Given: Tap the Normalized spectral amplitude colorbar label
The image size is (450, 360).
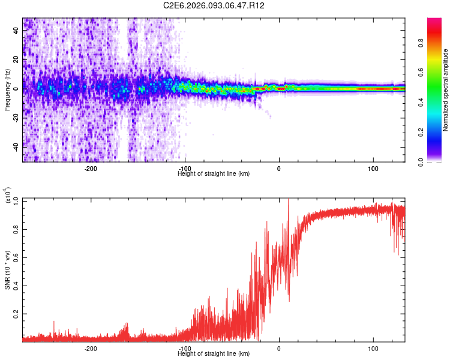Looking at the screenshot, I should click(x=446, y=90).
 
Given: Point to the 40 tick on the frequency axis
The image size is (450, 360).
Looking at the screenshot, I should click(x=16, y=31).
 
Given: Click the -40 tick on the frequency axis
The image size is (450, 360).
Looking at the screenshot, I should click(x=15, y=146).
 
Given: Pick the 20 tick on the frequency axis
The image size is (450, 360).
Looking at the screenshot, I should click(x=16, y=60).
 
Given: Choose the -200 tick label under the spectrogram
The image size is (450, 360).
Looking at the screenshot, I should click(x=91, y=168).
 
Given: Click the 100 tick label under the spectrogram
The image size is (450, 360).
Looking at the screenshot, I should click(x=373, y=168).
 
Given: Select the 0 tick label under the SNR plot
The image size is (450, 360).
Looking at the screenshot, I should click(x=279, y=349).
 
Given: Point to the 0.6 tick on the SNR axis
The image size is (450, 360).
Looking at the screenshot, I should click(x=15, y=256).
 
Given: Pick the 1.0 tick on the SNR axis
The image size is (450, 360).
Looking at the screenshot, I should click(x=15, y=200).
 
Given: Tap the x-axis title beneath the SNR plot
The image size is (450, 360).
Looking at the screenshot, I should click(x=214, y=354).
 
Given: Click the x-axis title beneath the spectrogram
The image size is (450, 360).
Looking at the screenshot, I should click(x=214, y=173).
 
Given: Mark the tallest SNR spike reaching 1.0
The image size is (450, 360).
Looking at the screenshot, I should click(x=289, y=200).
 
